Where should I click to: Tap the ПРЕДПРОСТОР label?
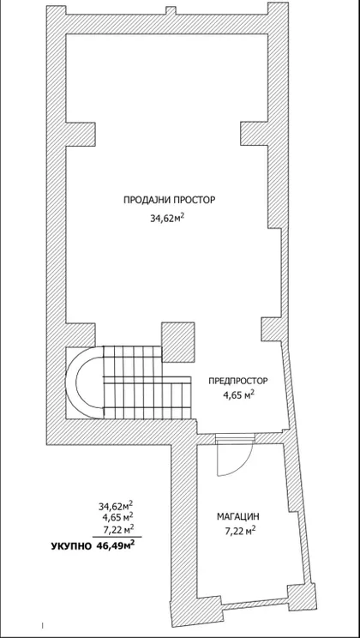(x=238, y=382)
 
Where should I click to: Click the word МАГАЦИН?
(x=238, y=517)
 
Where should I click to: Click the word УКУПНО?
(x=71, y=546)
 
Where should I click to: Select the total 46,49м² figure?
(x=116, y=545)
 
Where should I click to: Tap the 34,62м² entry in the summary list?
(x=116, y=506)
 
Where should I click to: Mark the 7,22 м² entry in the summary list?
(x=118, y=528)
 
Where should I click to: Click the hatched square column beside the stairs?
(x=177, y=342)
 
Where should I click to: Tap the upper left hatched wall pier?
(x=81, y=134)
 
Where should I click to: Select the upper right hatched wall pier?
(x=255, y=134)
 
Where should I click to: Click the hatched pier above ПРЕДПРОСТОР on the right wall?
(x=272, y=329)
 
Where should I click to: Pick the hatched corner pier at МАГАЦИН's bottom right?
(x=302, y=596)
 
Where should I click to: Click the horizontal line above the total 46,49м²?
(x=117, y=537)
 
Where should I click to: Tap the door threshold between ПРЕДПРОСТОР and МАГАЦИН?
(x=235, y=438)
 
